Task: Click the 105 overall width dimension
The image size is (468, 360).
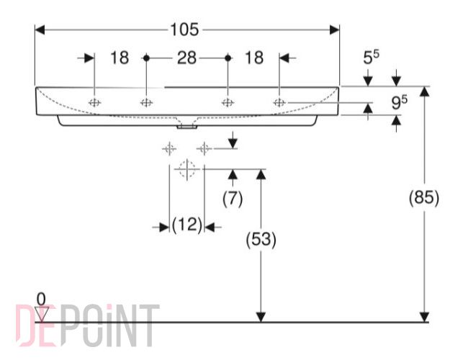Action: click(x=184, y=30)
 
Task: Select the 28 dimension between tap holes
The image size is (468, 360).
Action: click(x=187, y=58)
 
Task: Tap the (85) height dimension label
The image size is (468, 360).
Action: click(x=424, y=197)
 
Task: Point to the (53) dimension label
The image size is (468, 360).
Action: click(x=261, y=239)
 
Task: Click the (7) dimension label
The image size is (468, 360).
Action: click(x=233, y=199)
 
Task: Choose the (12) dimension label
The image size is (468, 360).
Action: click(x=187, y=225)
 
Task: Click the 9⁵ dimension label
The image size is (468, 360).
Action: click(x=399, y=102)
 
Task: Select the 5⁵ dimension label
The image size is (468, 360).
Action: click(x=371, y=57)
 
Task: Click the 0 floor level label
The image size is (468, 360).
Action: click(x=41, y=299)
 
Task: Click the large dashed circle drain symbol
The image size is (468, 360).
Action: click(x=187, y=169)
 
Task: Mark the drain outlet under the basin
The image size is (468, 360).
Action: click(x=187, y=127)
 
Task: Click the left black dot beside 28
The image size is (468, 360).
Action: click(x=146, y=58)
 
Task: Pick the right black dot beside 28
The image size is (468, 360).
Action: click(x=228, y=58)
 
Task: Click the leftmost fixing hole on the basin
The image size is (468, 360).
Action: click(x=94, y=103)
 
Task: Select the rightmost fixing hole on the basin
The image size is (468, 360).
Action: click(x=279, y=103)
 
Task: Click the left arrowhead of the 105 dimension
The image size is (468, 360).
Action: click(x=40, y=30)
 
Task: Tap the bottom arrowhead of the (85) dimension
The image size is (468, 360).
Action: click(x=424, y=317)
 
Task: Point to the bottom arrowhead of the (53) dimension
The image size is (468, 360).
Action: click(x=261, y=317)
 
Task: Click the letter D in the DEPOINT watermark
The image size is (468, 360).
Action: click(x=23, y=325)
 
